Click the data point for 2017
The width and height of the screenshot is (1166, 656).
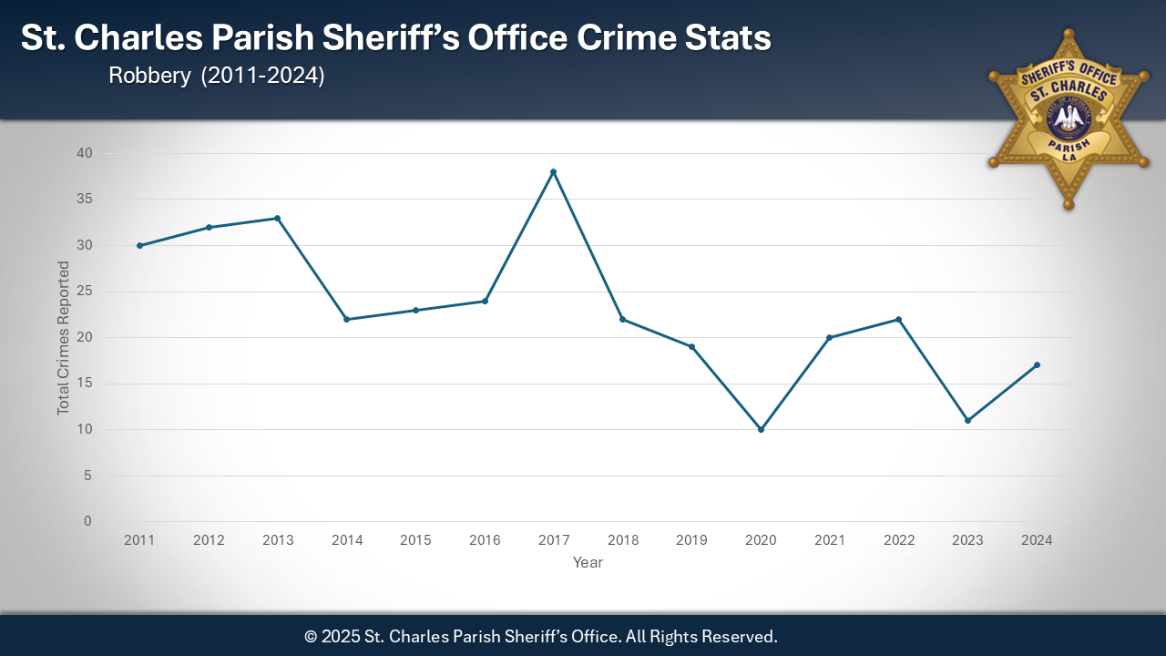point(553,171)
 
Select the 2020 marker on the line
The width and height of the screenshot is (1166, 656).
point(761,429)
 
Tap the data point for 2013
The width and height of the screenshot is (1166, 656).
point(277,218)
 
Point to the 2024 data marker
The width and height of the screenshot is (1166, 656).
point(1037,365)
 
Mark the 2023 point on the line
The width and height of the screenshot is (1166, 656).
point(967,420)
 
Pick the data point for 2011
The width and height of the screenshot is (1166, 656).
point(139,245)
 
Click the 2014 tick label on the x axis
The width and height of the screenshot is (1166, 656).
point(346,540)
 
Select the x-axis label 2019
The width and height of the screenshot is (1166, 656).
point(691,540)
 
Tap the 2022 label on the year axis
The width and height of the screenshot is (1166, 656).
point(899,540)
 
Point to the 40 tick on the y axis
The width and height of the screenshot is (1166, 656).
point(85,153)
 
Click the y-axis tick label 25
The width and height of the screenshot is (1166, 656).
point(85,292)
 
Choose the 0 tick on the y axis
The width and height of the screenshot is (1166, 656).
point(88,521)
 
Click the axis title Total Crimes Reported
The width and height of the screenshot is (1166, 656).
point(64,338)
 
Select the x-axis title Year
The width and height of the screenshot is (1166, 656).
point(588,563)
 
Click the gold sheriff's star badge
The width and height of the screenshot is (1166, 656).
point(1068,118)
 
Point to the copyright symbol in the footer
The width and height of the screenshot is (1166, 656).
point(311,636)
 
